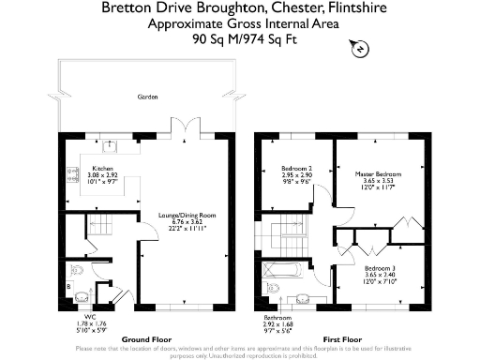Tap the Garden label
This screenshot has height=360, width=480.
tap(146, 97)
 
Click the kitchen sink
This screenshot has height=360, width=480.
tap(110, 145)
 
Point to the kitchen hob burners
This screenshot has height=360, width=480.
tap(71, 172)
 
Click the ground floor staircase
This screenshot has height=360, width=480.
tap(97, 226)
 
